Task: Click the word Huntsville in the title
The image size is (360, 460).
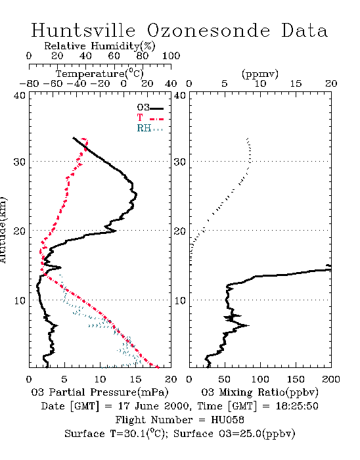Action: tap(83, 30)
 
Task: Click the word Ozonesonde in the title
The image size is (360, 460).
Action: tap(208, 30)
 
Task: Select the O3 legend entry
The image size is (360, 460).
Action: tap(150, 108)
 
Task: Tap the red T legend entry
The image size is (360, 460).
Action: tap(150, 118)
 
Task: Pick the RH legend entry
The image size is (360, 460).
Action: tap(150, 128)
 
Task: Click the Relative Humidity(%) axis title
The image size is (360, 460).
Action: tap(100, 46)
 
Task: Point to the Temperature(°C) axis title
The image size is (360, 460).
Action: tap(100, 74)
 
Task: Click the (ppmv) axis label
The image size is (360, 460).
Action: tap(260, 74)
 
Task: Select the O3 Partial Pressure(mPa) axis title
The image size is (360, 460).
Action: tap(100, 392)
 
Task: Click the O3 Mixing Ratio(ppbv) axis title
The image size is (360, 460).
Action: tap(259, 392)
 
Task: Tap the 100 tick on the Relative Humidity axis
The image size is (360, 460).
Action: tap(171, 56)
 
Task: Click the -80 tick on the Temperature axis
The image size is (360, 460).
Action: tap(29, 83)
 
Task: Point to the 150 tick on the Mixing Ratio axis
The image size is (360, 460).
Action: tap(296, 379)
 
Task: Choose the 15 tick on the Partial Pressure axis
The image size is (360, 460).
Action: tap(135, 379)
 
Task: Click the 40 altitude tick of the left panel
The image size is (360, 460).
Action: tap(20, 95)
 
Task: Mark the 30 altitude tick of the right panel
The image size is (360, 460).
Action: tap(180, 162)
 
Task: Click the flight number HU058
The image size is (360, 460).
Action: tap(227, 420)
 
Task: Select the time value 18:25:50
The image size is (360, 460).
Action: tap(297, 406)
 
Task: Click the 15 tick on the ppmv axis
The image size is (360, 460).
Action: tap(296, 84)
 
